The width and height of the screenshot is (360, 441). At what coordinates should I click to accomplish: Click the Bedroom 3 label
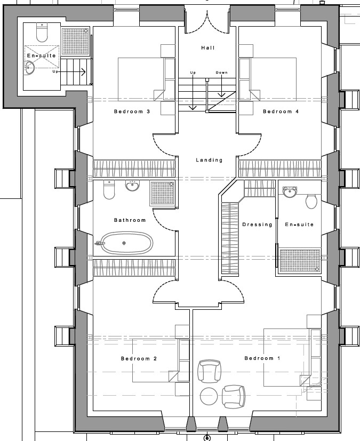tap(132, 111)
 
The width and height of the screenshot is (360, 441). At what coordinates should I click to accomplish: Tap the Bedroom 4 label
tap(281, 111)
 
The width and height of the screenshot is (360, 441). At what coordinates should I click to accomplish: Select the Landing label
tap(209, 160)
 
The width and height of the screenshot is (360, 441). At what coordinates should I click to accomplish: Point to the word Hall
tap(208, 48)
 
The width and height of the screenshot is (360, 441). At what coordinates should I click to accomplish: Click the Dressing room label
tap(258, 224)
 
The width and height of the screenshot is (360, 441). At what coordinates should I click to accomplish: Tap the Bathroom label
tap(130, 220)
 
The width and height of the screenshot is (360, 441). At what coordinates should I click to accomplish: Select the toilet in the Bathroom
tap(109, 189)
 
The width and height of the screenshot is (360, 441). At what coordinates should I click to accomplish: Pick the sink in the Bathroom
tap(132, 186)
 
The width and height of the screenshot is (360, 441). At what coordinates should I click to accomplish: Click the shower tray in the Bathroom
tap(162, 193)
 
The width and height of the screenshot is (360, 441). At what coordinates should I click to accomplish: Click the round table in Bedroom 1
tap(209, 396)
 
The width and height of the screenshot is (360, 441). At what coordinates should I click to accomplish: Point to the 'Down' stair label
tap(222, 73)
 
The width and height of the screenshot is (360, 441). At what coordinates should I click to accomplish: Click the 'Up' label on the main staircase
tap(193, 73)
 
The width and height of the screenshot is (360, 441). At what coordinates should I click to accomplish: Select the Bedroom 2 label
tap(139, 358)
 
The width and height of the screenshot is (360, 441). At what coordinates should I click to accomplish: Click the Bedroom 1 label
tap(262, 358)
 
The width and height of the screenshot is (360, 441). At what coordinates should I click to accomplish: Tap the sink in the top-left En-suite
tap(29, 68)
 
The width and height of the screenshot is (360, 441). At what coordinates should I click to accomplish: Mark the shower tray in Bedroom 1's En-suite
tap(300, 260)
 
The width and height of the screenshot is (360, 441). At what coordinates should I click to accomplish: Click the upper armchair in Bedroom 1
tap(209, 371)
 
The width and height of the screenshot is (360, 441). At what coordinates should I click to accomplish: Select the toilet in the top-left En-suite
tap(42, 33)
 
